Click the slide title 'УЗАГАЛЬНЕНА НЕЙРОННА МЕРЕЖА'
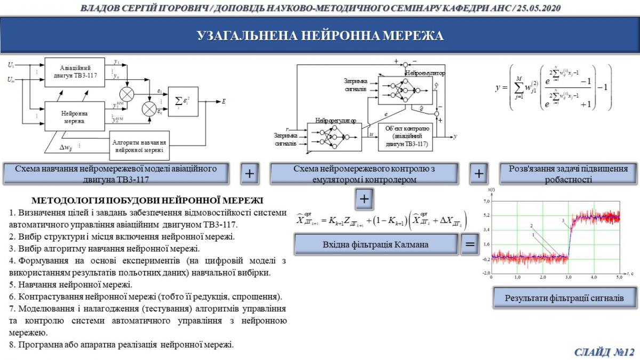[320, 36]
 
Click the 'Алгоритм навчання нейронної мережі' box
[139, 146]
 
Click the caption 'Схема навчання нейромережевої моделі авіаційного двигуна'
[116, 173]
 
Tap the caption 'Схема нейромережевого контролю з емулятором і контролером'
[364, 173]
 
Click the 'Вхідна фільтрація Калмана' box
[376, 244]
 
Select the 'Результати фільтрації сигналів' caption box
[564, 298]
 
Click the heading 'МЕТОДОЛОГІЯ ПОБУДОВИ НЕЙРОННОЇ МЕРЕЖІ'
[147, 201]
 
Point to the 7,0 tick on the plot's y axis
[485, 202]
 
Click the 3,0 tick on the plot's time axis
[568, 278]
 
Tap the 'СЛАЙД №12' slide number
[605, 351]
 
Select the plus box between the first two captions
[251, 173]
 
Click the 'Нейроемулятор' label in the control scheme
[425, 73]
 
